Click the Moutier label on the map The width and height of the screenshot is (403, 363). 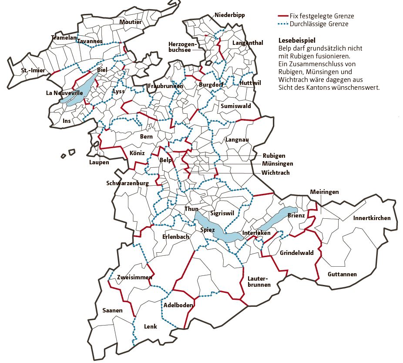pyautogui.click(x=130, y=22)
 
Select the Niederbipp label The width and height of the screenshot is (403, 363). pyautogui.click(x=229, y=15)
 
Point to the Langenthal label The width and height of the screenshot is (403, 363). pyautogui.click(x=248, y=43)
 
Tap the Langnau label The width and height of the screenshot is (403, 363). pyautogui.click(x=237, y=139)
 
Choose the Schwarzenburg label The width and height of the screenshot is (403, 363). pyautogui.click(x=128, y=183)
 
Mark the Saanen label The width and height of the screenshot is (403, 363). pyautogui.click(x=112, y=311)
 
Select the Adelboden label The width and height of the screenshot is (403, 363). pyautogui.click(x=178, y=305)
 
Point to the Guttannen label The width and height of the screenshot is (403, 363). pyautogui.click(x=343, y=275)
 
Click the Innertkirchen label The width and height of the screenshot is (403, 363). pyautogui.click(x=372, y=218)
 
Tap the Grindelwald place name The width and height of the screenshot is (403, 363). pyautogui.click(x=297, y=253)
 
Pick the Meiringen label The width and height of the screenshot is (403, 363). pyautogui.click(x=324, y=192)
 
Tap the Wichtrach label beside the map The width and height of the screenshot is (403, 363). pyautogui.click(x=275, y=173)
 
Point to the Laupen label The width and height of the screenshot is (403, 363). pyautogui.click(x=99, y=163)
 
